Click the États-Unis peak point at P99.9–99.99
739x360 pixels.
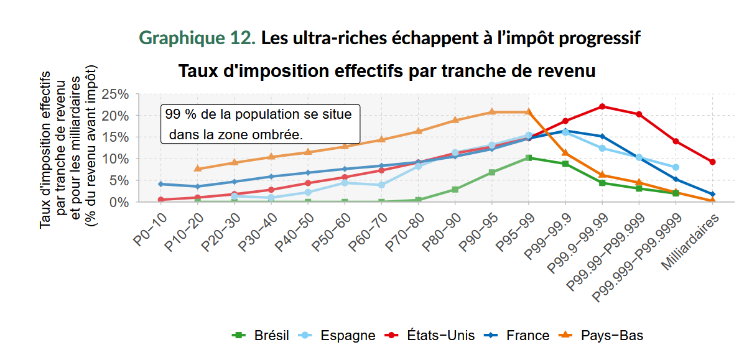point(602,106)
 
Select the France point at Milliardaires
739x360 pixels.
point(712,195)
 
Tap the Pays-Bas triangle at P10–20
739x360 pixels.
point(198,168)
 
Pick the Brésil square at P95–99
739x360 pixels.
point(529,158)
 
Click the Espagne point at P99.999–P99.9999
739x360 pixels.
point(676,167)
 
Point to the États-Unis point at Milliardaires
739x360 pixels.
point(712,162)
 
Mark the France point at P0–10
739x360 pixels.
point(160,184)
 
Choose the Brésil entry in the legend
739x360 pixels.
point(261,336)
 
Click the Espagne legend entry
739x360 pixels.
point(338,336)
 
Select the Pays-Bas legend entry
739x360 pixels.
point(603,336)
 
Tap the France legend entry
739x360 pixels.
point(519,336)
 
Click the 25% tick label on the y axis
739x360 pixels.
point(115,94)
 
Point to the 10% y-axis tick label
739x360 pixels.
point(115,159)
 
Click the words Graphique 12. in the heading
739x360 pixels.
point(197,38)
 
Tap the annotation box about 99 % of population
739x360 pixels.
point(260,124)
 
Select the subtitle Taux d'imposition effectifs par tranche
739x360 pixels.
point(387,71)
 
